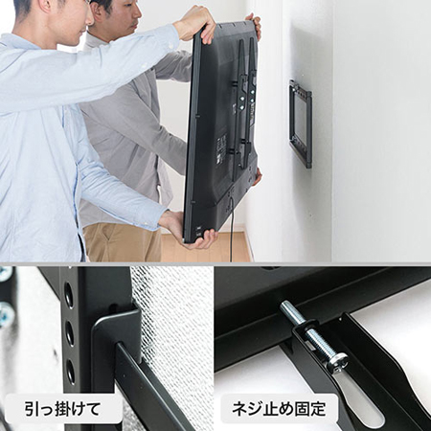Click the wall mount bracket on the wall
point(300,124)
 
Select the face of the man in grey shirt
point(124,16)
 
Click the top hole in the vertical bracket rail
point(68,295)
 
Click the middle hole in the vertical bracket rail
point(69,332)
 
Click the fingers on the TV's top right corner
point(254,23)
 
